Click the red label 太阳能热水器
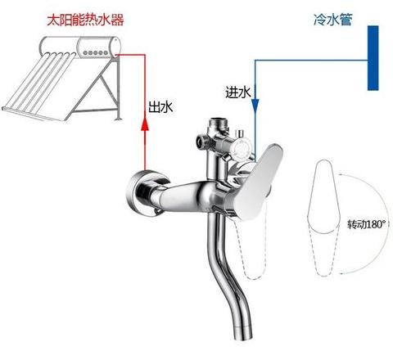85,20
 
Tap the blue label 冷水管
333,20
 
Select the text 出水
160,107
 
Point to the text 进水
237,92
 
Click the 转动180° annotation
367,224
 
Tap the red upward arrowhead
145,125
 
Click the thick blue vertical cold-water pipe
373,58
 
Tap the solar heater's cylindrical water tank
80,47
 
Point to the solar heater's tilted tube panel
38,86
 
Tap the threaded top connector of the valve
218,124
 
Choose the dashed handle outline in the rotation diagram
323,250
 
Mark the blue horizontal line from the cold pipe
311,61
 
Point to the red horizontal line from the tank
130,55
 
